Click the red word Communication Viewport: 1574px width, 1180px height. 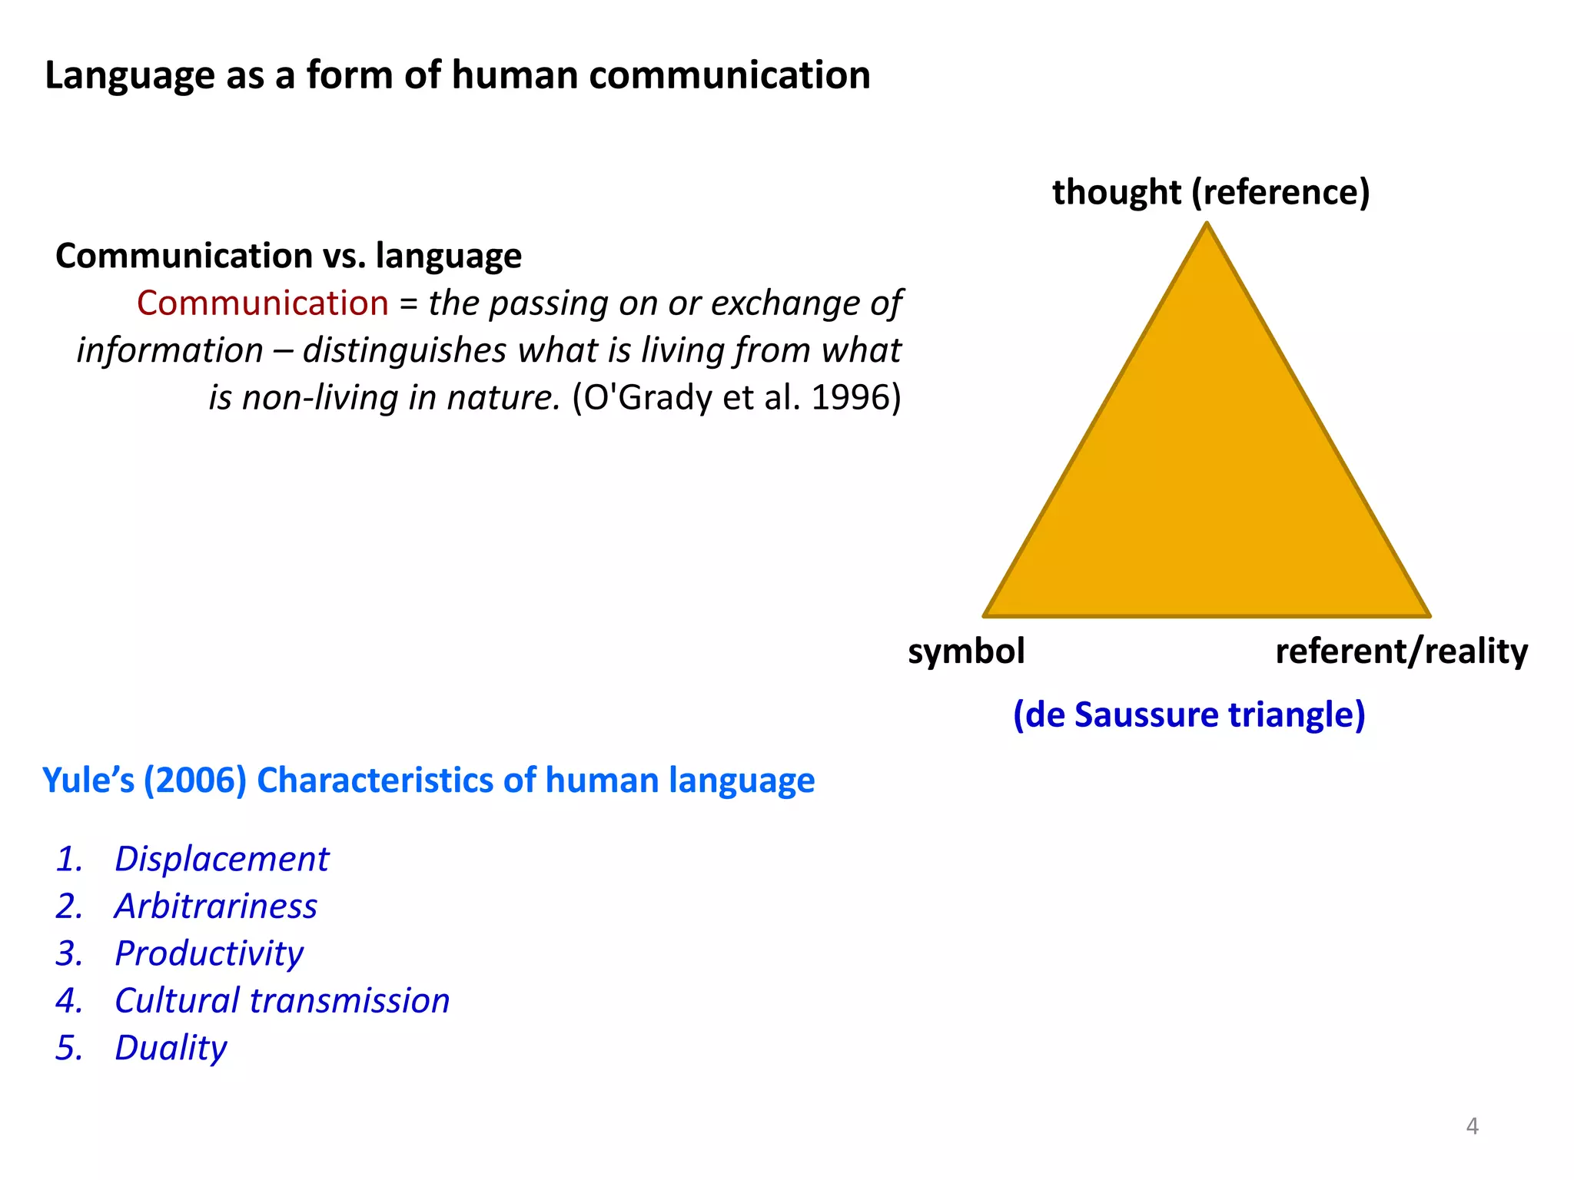(x=262, y=303)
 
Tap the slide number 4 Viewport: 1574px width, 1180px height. (x=1472, y=1126)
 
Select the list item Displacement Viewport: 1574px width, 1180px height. (x=221, y=859)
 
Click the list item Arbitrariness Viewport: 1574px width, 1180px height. (x=215, y=907)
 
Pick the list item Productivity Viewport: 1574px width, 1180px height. (x=208, y=953)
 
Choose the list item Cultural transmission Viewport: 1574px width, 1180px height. (x=281, y=1001)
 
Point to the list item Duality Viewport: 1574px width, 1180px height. (x=171, y=1048)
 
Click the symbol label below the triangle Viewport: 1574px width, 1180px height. (x=966, y=651)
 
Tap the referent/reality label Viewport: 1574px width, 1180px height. (x=1401, y=651)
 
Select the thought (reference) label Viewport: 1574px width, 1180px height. (x=1210, y=192)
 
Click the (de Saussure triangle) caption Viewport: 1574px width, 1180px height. (x=1189, y=714)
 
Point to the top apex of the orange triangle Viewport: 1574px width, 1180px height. (x=1207, y=225)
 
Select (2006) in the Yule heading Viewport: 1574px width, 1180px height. (x=195, y=781)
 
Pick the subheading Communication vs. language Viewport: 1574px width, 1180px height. (x=288, y=256)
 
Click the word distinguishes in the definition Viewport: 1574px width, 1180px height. (x=404, y=351)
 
